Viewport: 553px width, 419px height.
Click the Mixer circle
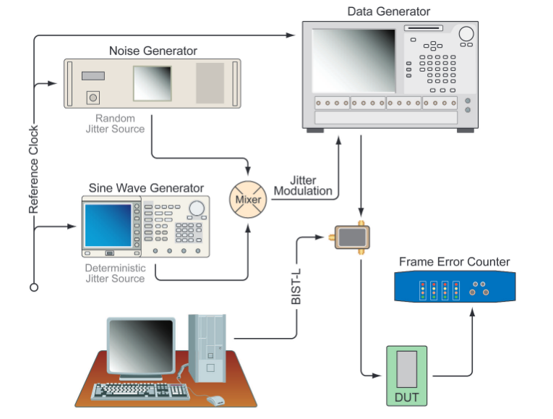[x=248, y=199]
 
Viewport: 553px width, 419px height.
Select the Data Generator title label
[x=388, y=12]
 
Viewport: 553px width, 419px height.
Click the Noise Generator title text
[x=153, y=51]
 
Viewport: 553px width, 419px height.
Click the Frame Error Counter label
[x=454, y=262]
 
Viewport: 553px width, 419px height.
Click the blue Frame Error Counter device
[x=455, y=287]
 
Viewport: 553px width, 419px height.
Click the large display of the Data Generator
[x=354, y=59]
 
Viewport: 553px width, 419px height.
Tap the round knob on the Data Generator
[x=466, y=33]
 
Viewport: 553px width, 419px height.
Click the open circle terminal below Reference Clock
[x=33, y=287]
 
